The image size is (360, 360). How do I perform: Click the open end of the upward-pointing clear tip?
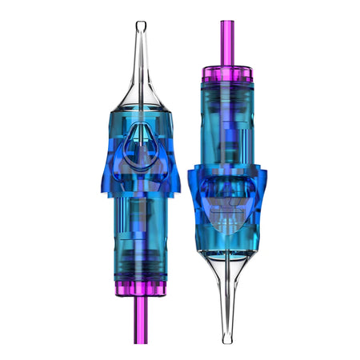[x=141, y=26]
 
